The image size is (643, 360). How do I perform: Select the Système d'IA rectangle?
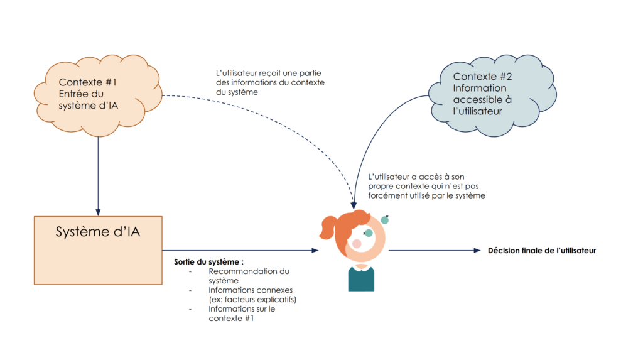click(x=97, y=250)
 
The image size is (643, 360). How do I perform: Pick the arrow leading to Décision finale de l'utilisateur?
click(x=433, y=251)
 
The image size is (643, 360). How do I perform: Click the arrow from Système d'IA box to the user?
click(x=239, y=251)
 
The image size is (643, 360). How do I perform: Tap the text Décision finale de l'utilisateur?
click(x=541, y=251)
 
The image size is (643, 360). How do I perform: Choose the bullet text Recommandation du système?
click(x=249, y=276)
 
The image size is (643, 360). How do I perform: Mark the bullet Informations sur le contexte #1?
click(x=242, y=314)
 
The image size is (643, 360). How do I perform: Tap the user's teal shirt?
click(x=361, y=279)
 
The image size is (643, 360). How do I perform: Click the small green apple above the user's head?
click(x=385, y=219)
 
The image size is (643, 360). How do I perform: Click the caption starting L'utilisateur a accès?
click(x=426, y=186)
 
